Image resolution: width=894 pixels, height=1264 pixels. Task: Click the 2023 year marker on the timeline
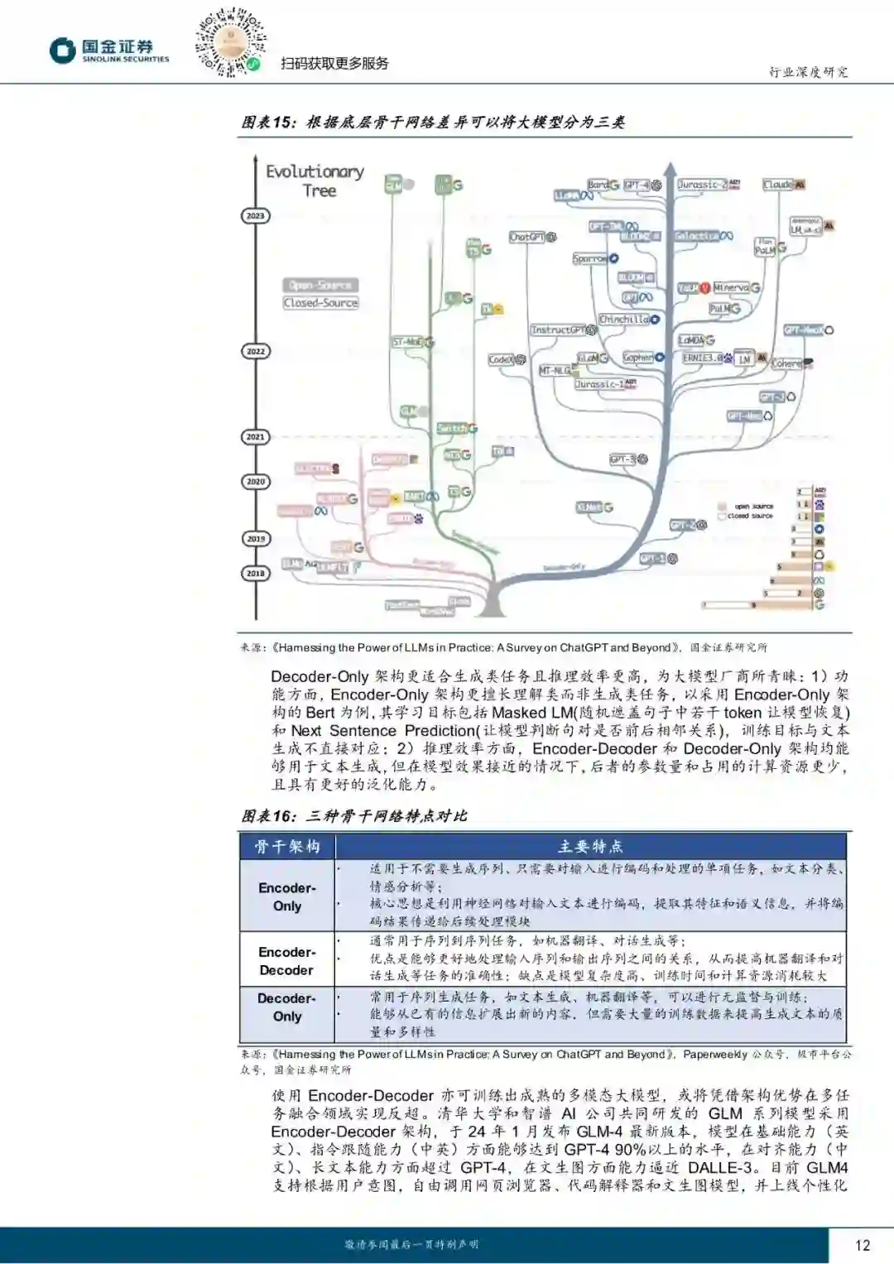[x=255, y=216]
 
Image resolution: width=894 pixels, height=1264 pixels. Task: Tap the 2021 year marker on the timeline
[x=255, y=436]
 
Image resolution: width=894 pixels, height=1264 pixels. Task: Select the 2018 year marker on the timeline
[x=255, y=573]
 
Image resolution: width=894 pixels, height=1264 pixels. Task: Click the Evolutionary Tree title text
[x=315, y=180]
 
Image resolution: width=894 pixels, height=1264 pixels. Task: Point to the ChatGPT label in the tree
[x=527, y=237]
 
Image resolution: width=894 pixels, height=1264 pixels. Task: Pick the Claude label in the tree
[x=778, y=185]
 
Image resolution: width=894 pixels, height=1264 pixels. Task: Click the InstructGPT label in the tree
[x=558, y=329]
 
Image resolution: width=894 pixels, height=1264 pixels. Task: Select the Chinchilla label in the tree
[x=624, y=320]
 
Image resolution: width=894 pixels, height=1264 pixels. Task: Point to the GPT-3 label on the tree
[x=622, y=459]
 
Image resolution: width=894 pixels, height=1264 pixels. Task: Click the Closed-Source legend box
[x=320, y=303]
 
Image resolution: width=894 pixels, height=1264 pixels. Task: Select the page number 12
[x=863, y=1245]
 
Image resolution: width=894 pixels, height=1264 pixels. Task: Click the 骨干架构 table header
[x=286, y=846]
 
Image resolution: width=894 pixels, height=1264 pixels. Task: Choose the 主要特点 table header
[x=590, y=846]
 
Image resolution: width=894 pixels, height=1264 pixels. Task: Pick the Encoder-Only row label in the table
[x=286, y=896]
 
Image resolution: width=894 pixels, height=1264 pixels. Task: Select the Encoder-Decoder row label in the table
[x=286, y=961]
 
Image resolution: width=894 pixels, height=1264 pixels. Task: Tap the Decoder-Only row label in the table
[x=286, y=1007]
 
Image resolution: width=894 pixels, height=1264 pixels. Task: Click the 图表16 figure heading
[x=354, y=816]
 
